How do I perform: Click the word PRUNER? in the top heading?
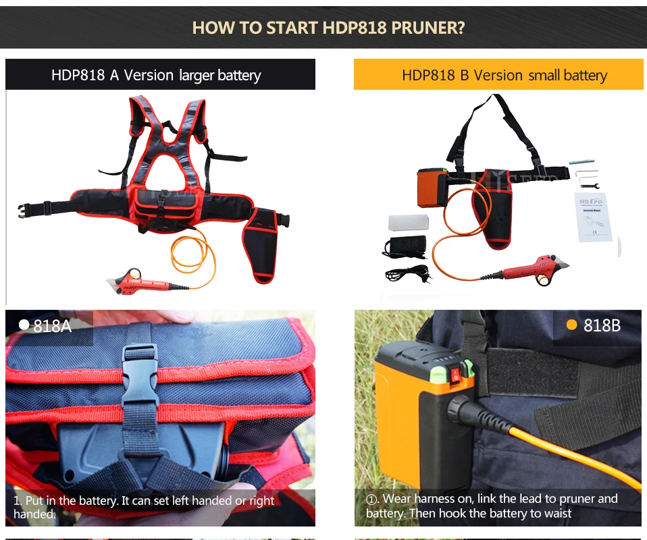coord(428,28)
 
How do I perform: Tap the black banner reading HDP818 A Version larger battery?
coord(160,74)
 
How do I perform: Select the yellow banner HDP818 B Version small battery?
coord(498,74)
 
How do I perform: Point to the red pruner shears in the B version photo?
coord(528,270)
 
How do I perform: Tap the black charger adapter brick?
coord(405,246)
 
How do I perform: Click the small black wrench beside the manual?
coord(590,186)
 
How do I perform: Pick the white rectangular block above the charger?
coord(408,222)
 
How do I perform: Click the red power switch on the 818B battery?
coord(456,375)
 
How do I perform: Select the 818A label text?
coord(53,326)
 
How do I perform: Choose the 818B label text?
coord(602,325)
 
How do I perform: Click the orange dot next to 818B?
coord(571,325)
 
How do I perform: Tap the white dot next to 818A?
coord(24,325)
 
